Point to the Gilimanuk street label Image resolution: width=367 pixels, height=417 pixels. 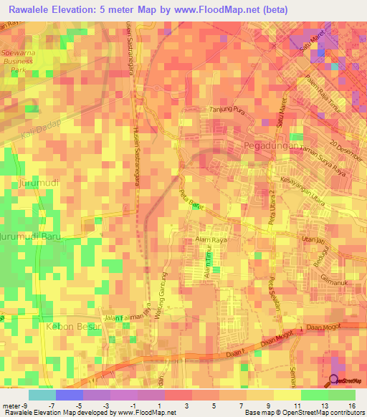point(334,277)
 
